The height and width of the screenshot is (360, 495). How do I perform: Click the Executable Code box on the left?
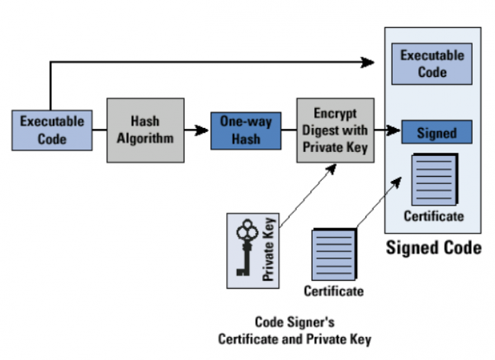click(51, 130)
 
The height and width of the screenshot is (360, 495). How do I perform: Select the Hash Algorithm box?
click(145, 130)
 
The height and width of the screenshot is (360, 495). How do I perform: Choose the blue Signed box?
click(436, 133)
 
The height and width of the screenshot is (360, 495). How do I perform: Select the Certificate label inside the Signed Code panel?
click(433, 216)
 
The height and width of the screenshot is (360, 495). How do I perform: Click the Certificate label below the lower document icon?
click(333, 291)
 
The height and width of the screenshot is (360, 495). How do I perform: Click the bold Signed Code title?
click(433, 248)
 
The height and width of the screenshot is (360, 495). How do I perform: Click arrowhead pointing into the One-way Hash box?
click(202, 130)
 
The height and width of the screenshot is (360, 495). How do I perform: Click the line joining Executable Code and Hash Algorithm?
click(99, 130)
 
